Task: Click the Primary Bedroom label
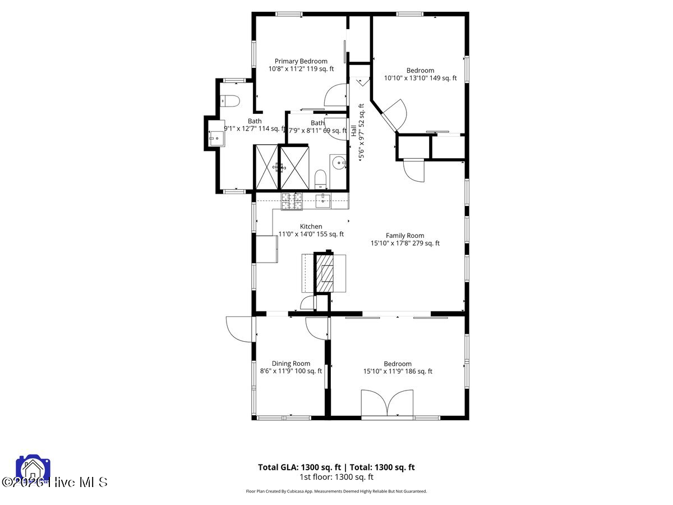(x=301, y=61)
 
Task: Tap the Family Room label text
(x=404, y=236)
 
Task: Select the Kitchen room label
(x=311, y=227)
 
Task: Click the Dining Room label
(x=291, y=364)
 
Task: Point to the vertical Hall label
(x=354, y=131)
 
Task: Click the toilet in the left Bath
(x=231, y=101)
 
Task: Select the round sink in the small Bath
(x=338, y=163)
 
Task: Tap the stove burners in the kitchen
(x=291, y=201)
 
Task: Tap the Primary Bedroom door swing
(x=336, y=95)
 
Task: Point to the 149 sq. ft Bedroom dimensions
(x=420, y=78)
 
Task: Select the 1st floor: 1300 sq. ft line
(x=336, y=477)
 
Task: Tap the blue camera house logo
(x=33, y=470)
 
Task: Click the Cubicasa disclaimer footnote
(x=336, y=491)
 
